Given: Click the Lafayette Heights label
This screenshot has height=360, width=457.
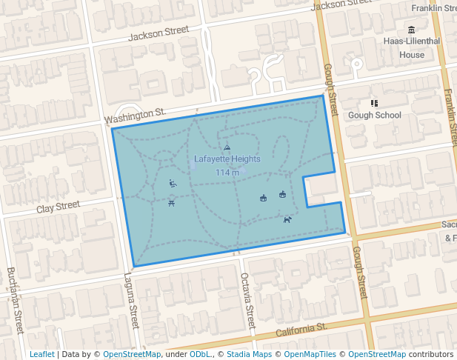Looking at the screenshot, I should tap(227, 159).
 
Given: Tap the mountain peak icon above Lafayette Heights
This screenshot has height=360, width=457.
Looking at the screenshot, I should tap(227, 148).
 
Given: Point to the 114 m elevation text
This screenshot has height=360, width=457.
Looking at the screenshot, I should tap(227, 173).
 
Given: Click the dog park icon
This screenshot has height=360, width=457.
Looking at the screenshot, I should tap(287, 219).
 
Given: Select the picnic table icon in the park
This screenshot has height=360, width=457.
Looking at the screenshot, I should tap(172, 204).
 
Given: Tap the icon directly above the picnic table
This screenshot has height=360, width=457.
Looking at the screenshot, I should tap(173, 184).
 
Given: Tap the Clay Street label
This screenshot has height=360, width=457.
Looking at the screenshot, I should tap(58, 207).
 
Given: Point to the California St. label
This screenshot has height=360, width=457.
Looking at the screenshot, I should tap(301, 330).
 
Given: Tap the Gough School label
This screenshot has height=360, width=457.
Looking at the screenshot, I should tap(374, 115).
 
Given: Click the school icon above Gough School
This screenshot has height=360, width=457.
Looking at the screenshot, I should tap(374, 103).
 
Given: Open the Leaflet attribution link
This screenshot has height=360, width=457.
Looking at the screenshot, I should tap(41, 354).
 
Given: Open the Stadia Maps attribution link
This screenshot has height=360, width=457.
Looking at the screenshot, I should tap(247, 354).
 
